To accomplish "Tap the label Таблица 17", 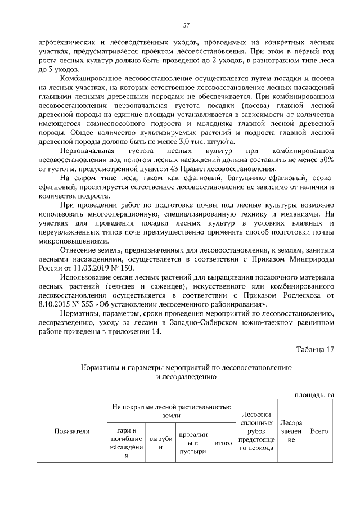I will coord(316,349).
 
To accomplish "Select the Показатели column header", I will coord(71,431).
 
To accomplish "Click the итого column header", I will coord(224,443).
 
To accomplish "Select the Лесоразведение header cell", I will coord(291,431).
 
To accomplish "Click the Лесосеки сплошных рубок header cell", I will coord(256,431).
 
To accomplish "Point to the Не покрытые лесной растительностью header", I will coord(171,409).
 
